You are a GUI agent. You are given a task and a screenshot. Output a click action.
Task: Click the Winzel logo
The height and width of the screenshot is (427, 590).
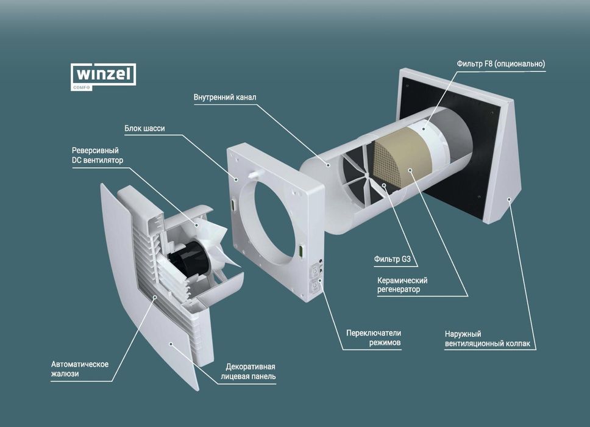(104, 77)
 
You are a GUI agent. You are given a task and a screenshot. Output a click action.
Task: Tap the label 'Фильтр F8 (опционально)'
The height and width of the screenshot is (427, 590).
(501, 63)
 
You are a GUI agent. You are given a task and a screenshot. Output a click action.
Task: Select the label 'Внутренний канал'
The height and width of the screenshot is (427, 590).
(225, 97)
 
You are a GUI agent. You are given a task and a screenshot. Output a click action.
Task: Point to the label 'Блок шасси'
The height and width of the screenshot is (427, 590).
(144, 128)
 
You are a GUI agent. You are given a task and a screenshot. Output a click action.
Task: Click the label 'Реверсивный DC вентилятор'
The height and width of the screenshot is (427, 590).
(98, 155)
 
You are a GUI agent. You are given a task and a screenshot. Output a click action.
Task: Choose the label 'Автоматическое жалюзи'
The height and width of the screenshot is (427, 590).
(80, 369)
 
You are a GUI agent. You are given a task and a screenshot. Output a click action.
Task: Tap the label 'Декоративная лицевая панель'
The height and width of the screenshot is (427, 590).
(248, 371)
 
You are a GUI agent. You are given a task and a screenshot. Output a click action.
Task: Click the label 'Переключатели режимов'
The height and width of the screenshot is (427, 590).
(374, 338)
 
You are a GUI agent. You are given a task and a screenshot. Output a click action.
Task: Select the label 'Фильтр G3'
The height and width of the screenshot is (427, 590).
(392, 259)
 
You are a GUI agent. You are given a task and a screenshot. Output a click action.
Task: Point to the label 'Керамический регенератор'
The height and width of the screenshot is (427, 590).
(402, 285)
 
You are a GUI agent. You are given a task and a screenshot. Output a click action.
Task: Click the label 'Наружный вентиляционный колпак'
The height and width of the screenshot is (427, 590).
(487, 339)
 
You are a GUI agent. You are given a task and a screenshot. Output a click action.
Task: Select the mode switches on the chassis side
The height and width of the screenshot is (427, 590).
(315, 279)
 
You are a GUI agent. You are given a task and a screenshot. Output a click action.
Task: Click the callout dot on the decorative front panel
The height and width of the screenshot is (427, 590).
(171, 343)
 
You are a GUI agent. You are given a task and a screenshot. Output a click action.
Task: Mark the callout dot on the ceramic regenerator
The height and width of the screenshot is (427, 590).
(410, 170)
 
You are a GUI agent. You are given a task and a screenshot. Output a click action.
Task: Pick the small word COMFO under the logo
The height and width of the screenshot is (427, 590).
(82, 88)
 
